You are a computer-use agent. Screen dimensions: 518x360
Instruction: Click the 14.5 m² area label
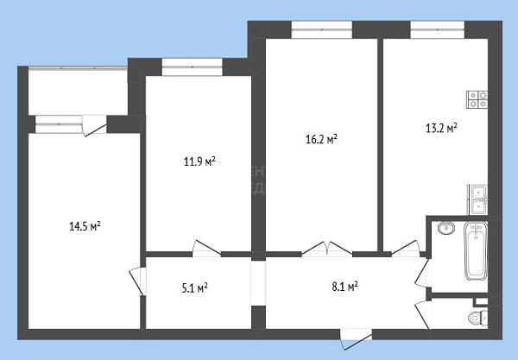[x=85, y=226]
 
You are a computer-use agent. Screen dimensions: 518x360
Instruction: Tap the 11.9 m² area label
[x=199, y=161]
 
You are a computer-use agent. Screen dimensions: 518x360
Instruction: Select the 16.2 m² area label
[x=321, y=139]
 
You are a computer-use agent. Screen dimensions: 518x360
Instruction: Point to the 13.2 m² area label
[x=441, y=128]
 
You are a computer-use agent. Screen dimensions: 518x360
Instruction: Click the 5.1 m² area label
[x=194, y=288]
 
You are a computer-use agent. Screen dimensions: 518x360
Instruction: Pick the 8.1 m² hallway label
[x=344, y=287]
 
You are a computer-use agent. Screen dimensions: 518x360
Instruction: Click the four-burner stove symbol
[x=477, y=100]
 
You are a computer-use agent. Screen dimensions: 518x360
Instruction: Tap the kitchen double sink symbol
[x=477, y=199]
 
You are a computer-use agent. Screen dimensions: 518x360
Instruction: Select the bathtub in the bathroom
[x=476, y=251]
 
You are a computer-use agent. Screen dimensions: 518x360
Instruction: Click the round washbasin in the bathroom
[x=446, y=228]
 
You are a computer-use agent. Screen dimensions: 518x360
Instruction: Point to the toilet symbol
[x=478, y=318]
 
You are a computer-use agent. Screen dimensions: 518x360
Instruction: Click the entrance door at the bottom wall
[x=356, y=338]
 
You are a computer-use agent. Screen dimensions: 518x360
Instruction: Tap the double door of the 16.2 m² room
[x=326, y=249]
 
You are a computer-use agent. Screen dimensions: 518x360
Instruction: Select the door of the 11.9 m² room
[x=206, y=249]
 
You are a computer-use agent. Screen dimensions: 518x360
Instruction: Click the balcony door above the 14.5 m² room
[x=94, y=126]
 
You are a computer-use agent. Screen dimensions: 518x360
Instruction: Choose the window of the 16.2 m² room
[x=322, y=29]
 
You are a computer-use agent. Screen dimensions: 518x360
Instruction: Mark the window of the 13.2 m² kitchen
[x=438, y=29]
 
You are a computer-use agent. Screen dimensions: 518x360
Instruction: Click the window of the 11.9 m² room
[x=193, y=67]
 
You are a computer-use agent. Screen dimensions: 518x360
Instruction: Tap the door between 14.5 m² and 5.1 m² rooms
[x=137, y=281]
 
